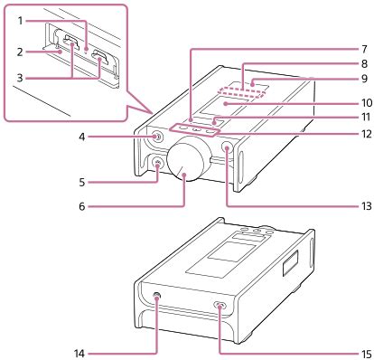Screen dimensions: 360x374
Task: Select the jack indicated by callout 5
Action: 161,165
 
